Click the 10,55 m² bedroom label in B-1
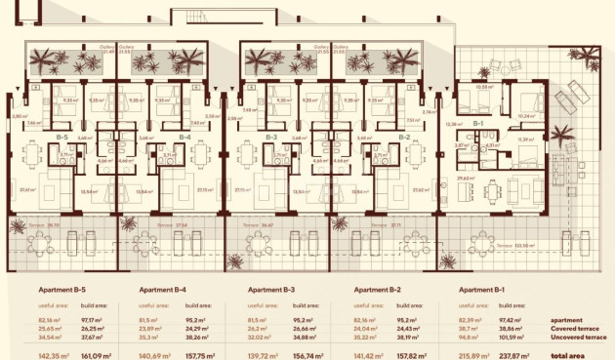[x=481, y=88]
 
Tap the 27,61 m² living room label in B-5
[x=28, y=189]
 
